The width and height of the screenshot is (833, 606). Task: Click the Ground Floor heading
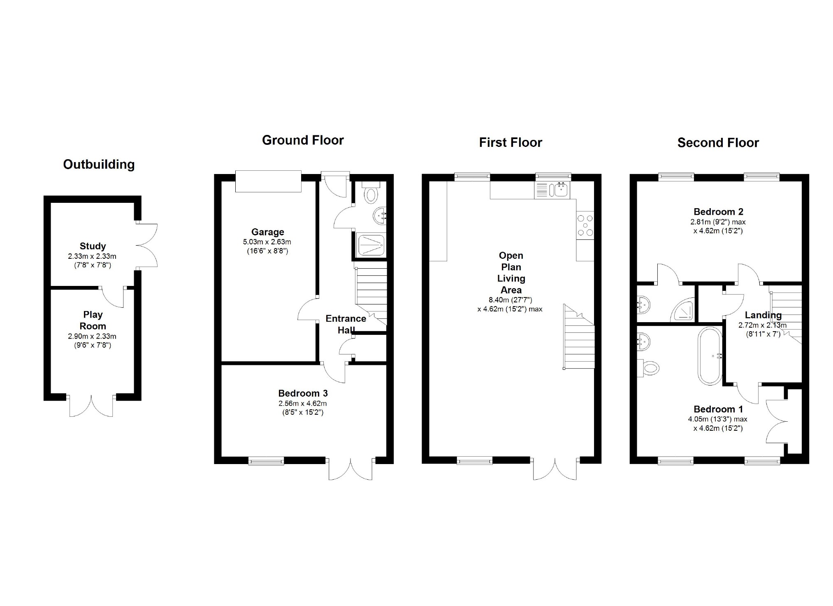pyautogui.click(x=303, y=140)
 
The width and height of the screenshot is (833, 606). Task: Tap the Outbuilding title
pyautogui.click(x=99, y=165)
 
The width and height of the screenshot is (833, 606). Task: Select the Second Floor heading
pyautogui.click(x=718, y=143)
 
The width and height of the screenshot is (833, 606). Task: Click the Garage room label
pyautogui.click(x=268, y=232)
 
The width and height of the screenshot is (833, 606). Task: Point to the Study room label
pyautogui.click(x=93, y=246)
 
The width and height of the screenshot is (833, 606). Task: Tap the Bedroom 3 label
pyautogui.click(x=303, y=393)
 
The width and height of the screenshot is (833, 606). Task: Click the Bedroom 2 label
pyautogui.click(x=718, y=212)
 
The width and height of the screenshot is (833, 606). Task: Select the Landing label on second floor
pyautogui.click(x=763, y=315)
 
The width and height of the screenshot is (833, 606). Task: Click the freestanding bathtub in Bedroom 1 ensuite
pyautogui.click(x=710, y=356)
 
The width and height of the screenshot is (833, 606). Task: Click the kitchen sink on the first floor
pyautogui.click(x=561, y=190)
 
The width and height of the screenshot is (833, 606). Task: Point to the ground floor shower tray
pyautogui.click(x=371, y=245)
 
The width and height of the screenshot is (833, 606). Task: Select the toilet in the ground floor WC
pyautogui.click(x=371, y=192)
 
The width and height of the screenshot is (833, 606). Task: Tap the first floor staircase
pyautogui.click(x=579, y=337)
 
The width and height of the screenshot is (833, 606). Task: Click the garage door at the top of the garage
pyautogui.click(x=268, y=181)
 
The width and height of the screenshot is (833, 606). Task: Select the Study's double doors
pyautogui.click(x=147, y=246)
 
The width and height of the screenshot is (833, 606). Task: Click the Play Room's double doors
pyautogui.click(x=91, y=406)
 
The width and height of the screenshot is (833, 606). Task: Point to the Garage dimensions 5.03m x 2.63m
pyautogui.click(x=267, y=242)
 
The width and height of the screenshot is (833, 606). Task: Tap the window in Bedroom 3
pyautogui.click(x=266, y=461)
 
